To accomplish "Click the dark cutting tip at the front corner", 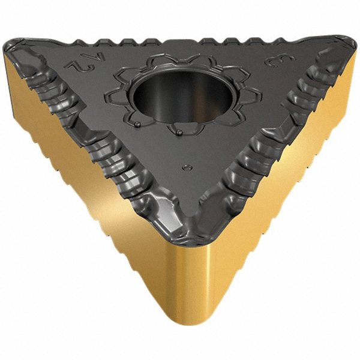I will click(191, 237).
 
